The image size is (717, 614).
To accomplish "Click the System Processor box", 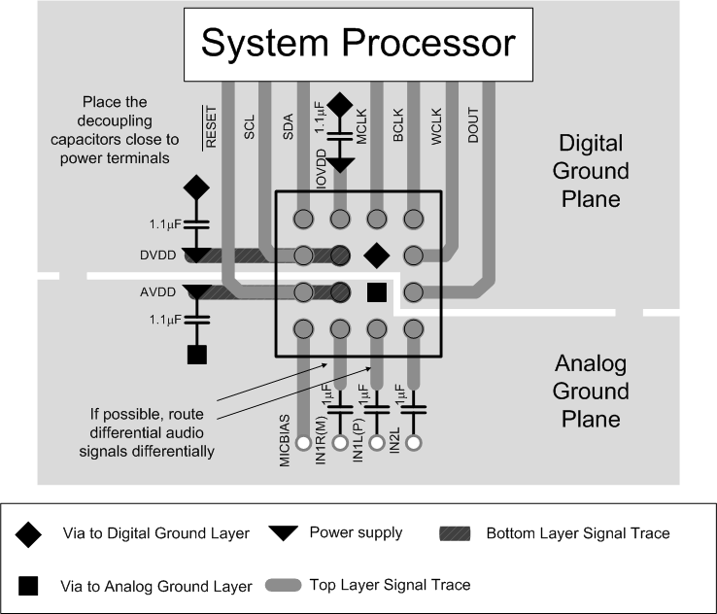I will pyautogui.click(x=358, y=45).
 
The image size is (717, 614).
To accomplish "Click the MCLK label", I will pyautogui.click(x=360, y=127).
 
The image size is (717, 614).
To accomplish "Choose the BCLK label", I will pyautogui.click(x=397, y=131).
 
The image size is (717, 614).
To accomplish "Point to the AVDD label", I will pyautogui.click(x=159, y=291).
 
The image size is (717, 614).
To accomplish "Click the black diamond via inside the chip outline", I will pyautogui.click(x=376, y=255).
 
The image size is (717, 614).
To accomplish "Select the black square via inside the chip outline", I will pyautogui.click(x=377, y=291).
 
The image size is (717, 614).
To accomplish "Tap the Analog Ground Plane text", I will pyautogui.click(x=592, y=392).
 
